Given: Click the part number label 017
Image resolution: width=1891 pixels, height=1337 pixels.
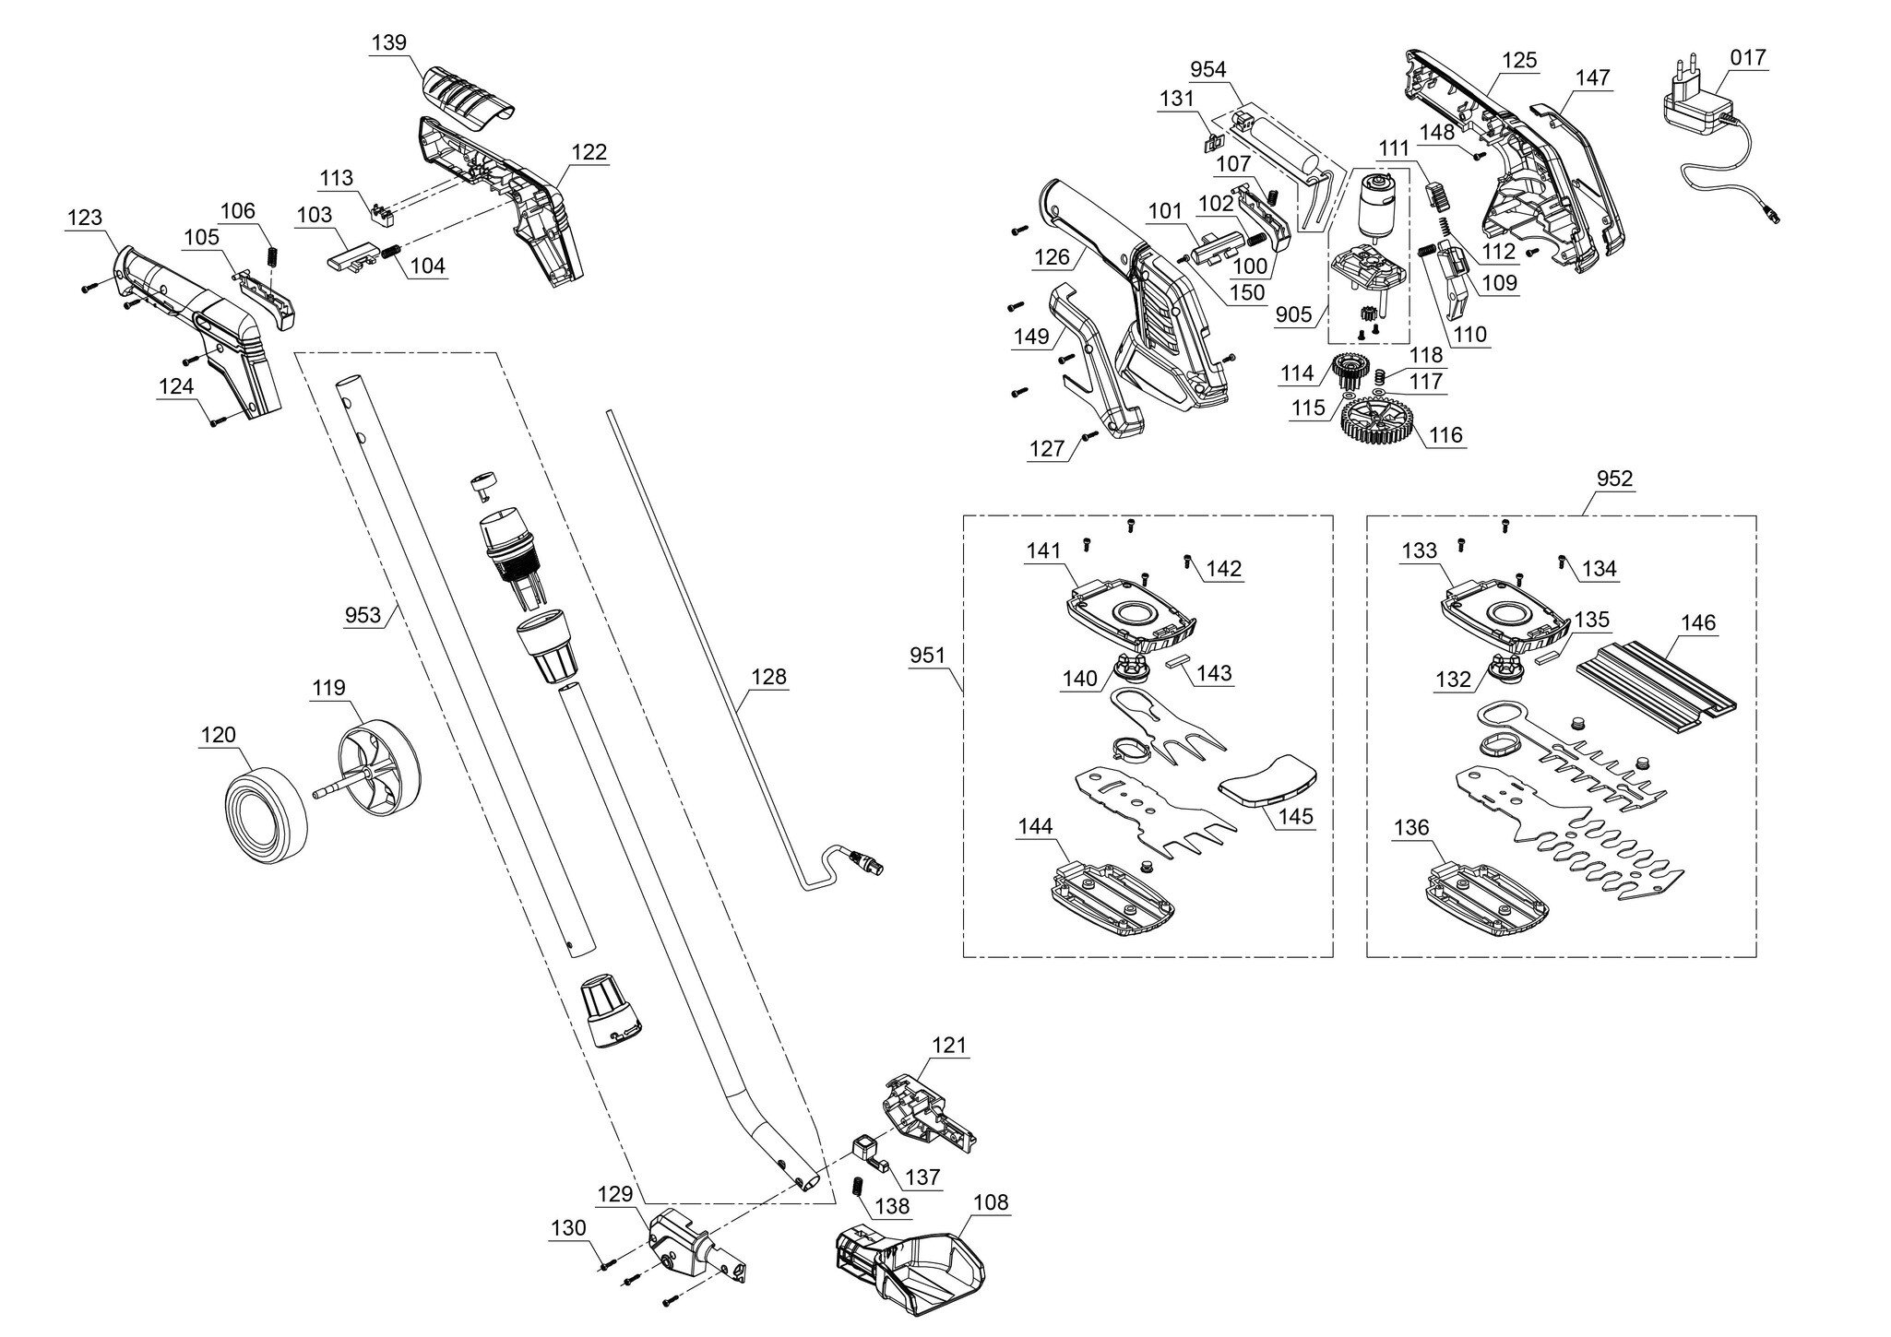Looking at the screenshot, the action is [x=1747, y=58].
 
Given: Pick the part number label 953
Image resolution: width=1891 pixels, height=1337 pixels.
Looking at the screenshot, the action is [x=363, y=615].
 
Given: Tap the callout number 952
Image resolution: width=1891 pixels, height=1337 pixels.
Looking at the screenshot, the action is [x=1614, y=479].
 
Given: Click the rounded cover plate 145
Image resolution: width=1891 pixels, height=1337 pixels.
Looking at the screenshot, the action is [x=1269, y=781].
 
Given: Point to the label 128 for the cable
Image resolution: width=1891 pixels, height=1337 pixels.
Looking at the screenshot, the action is [x=768, y=678].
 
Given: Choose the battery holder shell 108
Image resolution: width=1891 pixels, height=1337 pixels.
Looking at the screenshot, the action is [x=909, y=1262].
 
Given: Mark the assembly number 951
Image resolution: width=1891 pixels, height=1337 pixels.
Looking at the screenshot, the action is [x=927, y=656].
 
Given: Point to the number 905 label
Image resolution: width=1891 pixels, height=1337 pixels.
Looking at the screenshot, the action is [x=1293, y=314].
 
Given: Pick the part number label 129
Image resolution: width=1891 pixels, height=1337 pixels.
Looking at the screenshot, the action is [x=615, y=1194].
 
